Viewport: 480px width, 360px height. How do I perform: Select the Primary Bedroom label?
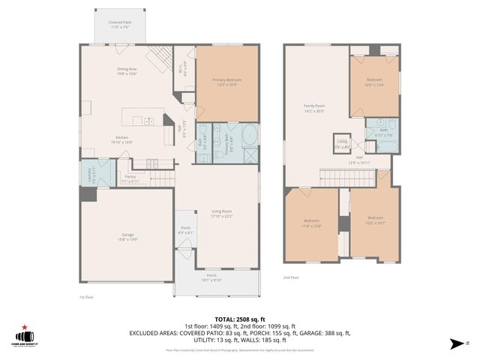226,80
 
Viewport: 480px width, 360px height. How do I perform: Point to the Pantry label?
130,178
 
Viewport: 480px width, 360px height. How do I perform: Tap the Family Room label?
313,108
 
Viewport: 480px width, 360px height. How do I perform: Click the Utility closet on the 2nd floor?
342,142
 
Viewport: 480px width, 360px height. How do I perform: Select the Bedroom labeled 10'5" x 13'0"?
374,82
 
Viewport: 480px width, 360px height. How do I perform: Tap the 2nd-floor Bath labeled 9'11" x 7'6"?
383,132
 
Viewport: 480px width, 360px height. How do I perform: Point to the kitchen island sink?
151,121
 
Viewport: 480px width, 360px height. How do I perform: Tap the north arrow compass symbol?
456,343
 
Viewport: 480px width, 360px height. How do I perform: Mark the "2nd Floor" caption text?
292,277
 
